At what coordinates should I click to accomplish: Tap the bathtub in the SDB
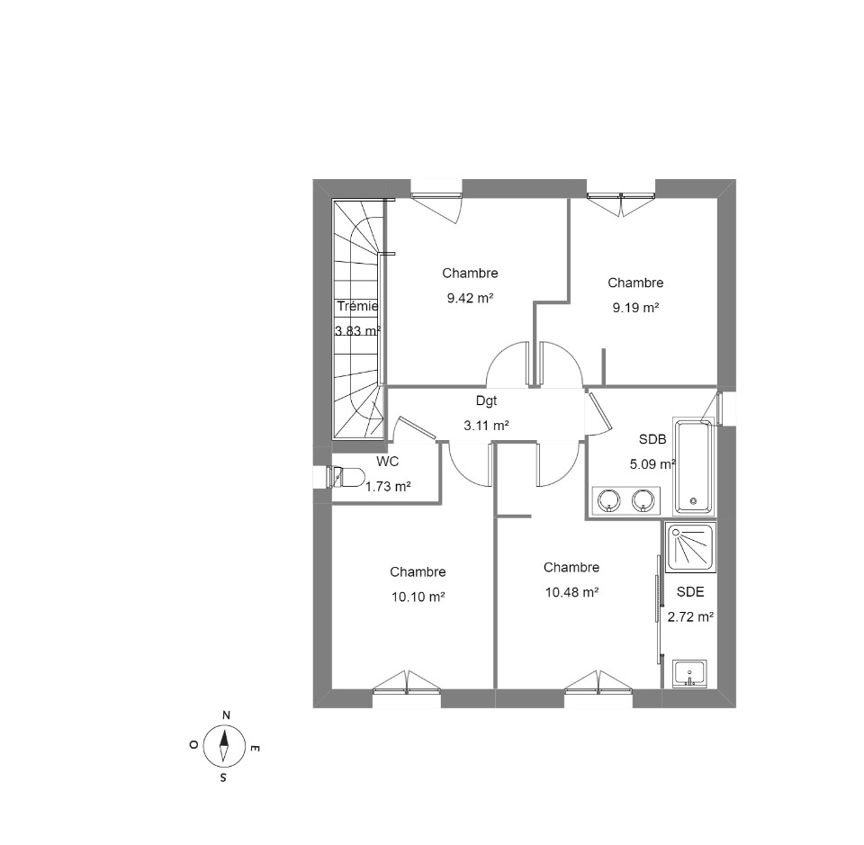click(693, 467)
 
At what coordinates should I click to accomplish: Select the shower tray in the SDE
click(691, 548)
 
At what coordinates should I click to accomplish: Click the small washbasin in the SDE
click(689, 673)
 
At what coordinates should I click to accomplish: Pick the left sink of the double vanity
click(608, 500)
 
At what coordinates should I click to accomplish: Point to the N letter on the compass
click(226, 715)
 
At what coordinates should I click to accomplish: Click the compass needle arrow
click(224, 746)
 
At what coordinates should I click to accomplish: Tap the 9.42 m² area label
click(470, 299)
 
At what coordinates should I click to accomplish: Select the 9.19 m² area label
click(636, 308)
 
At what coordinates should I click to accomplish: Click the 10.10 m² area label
click(418, 598)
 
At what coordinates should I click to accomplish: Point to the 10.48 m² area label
click(572, 593)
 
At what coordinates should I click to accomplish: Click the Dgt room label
click(486, 401)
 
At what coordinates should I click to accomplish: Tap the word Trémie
click(357, 306)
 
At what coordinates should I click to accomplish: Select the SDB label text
click(652, 439)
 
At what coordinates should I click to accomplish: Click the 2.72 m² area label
click(691, 617)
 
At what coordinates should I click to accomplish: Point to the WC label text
click(387, 462)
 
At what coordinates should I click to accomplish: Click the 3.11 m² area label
click(486, 426)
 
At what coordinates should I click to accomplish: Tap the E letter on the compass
click(255, 748)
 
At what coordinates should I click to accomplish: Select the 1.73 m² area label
click(388, 487)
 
